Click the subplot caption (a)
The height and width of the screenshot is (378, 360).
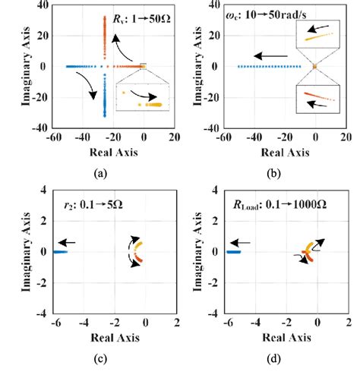pyautogui.click(x=98, y=173)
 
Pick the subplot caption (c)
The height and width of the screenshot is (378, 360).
pyautogui.click(x=98, y=363)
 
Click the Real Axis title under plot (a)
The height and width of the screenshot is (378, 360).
pyautogui.click(x=99, y=153)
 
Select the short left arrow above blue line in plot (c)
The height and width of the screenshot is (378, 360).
pyautogui.click(x=65, y=242)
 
